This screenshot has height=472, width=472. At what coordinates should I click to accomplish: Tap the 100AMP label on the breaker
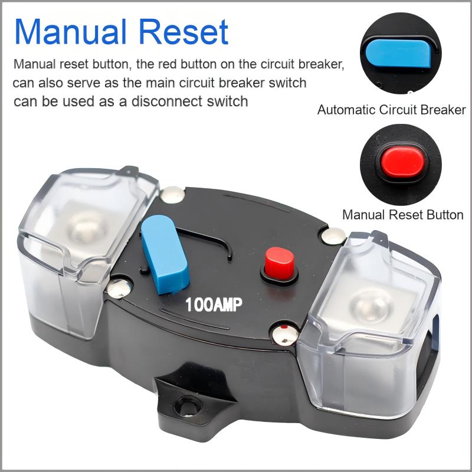coord(214,305)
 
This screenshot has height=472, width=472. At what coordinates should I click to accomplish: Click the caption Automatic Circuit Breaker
coord(391,110)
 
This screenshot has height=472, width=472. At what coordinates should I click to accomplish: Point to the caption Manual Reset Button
coord(402,215)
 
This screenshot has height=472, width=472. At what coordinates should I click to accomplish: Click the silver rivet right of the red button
coord(333,234)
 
